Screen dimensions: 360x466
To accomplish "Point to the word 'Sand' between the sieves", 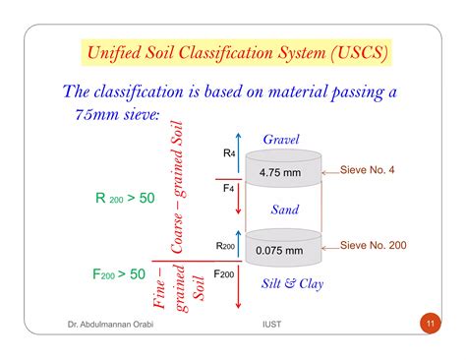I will click(x=285, y=210).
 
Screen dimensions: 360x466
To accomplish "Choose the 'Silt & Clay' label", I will click(x=290, y=284).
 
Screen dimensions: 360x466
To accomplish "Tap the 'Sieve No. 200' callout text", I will click(x=385, y=244).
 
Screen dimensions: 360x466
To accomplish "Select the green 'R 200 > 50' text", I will click(x=126, y=198).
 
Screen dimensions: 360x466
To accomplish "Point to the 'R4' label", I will click(x=229, y=153).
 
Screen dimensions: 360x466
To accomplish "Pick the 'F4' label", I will click(x=229, y=188).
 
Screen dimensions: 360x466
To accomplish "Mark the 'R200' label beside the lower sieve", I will click(x=226, y=246).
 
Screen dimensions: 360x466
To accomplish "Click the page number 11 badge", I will click(x=430, y=323).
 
